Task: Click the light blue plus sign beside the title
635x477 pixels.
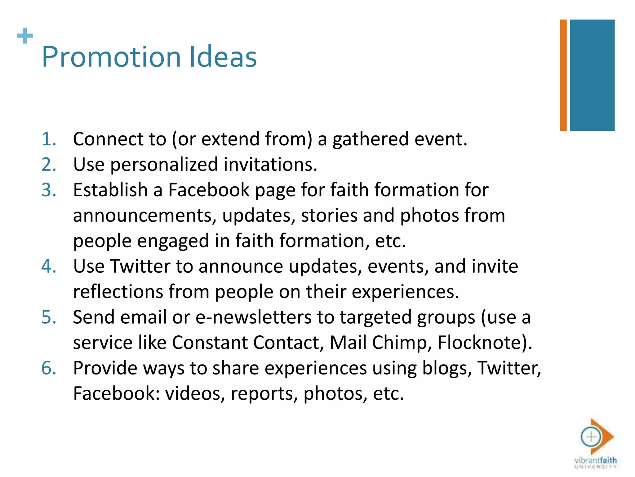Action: [25, 36]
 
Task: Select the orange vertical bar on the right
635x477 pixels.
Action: [563, 75]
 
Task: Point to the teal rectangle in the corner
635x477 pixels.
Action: [592, 75]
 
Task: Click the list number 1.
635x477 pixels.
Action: [49, 139]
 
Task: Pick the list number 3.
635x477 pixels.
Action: [49, 190]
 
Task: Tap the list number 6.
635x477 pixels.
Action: [49, 368]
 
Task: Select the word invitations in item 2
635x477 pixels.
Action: [270, 164]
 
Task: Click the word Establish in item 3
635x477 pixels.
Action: [110, 190]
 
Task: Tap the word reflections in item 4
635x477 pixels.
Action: [118, 292]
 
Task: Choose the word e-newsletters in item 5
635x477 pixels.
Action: [253, 317]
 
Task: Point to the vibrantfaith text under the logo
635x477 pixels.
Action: [595, 460]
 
